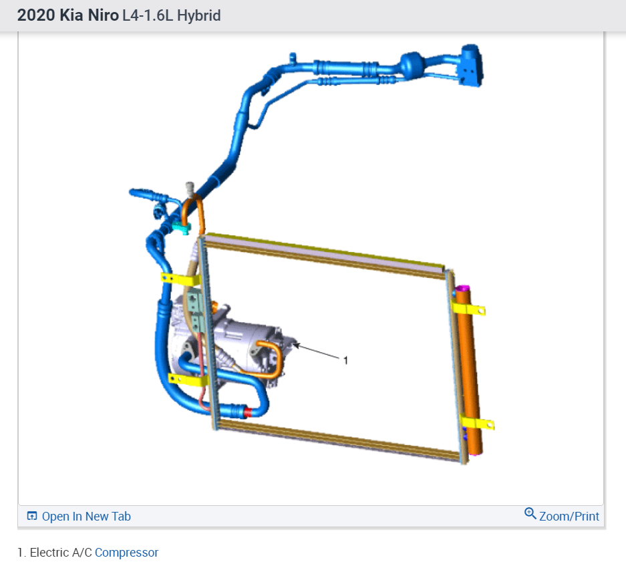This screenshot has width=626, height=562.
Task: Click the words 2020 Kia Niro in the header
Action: [68, 15]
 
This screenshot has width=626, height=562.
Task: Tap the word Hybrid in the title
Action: [199, 15]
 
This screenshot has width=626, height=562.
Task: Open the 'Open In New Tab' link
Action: [79, 516]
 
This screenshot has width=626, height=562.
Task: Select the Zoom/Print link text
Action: [569, 516]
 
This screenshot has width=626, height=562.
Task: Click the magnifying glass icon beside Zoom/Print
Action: [530, 513]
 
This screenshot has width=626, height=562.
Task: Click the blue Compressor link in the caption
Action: [126, 553]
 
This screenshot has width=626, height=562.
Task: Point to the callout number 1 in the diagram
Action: [346, 360]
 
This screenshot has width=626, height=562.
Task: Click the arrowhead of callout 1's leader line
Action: [296, 345]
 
